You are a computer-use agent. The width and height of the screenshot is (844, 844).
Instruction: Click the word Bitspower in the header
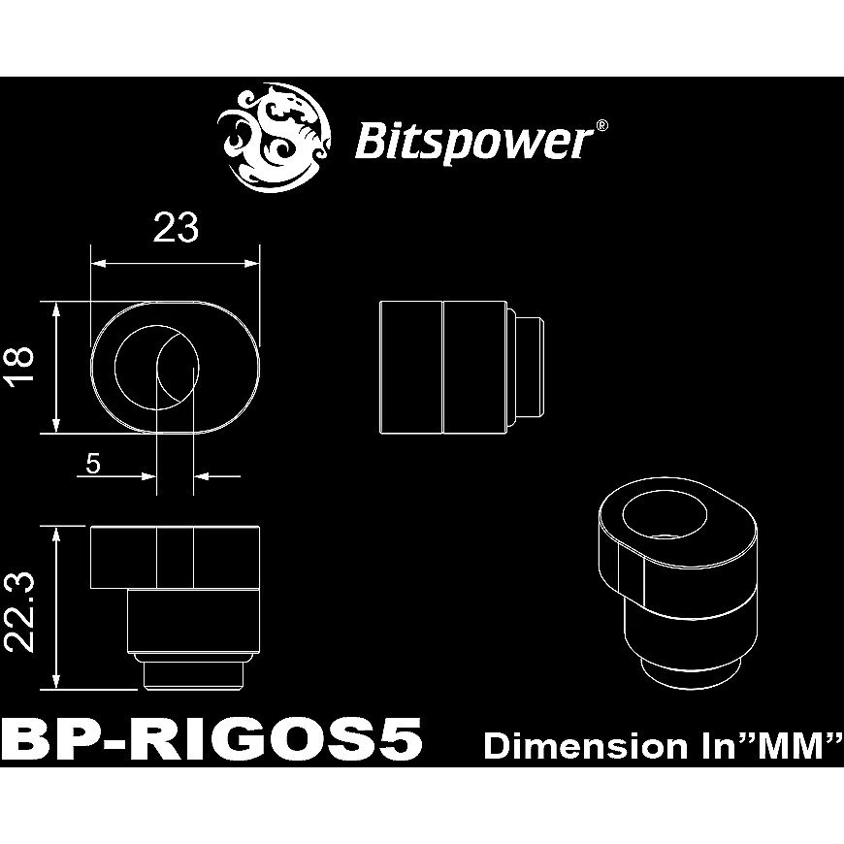tap(471, 142)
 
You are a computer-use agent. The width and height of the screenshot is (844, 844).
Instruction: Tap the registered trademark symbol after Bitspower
tap(601, 126)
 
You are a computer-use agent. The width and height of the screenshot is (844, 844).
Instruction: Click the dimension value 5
tap(93, 464)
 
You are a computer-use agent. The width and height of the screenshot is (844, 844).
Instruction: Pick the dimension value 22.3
tap(22, 608)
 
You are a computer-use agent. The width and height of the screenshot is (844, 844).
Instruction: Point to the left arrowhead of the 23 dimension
tap(96, 262)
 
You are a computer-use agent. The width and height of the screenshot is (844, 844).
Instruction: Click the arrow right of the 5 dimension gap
tap(206, 475)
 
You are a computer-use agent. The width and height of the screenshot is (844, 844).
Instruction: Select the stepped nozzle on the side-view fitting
tap(525, 367)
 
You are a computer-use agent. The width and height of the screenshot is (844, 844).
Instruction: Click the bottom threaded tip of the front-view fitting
tap(194, 674)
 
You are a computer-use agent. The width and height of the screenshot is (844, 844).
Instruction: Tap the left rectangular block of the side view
tap(409, 367)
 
